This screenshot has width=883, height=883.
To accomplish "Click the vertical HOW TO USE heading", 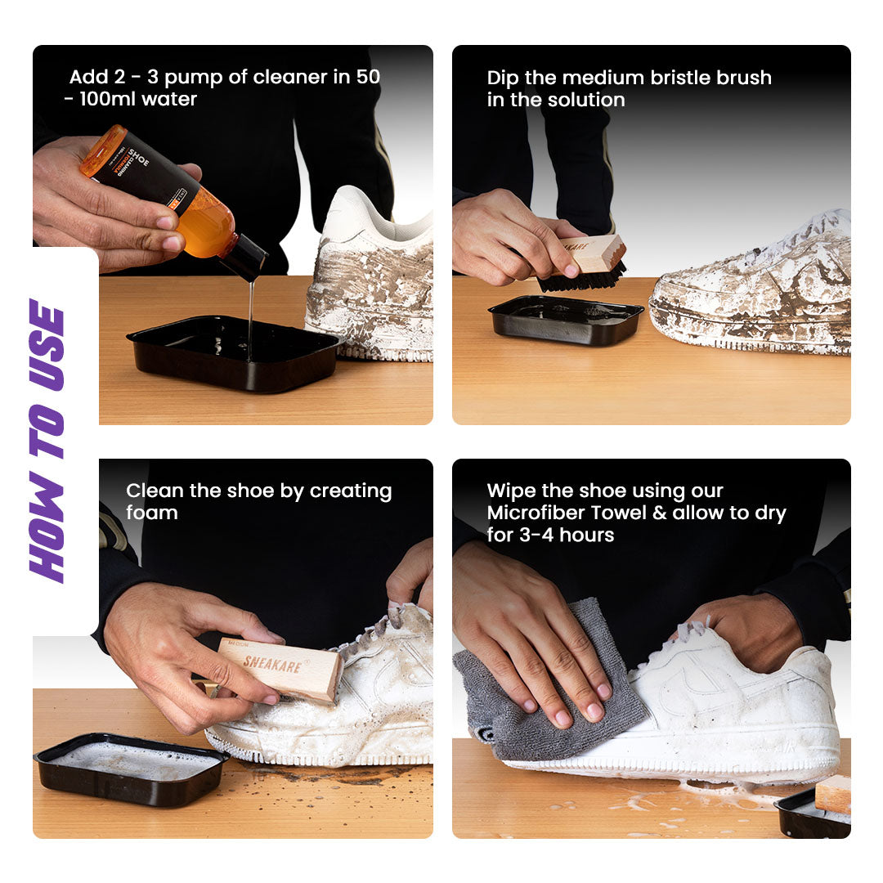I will point(47,441).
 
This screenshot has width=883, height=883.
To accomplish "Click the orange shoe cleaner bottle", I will point(164,191).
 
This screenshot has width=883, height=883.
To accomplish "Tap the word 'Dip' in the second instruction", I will point(503,78).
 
